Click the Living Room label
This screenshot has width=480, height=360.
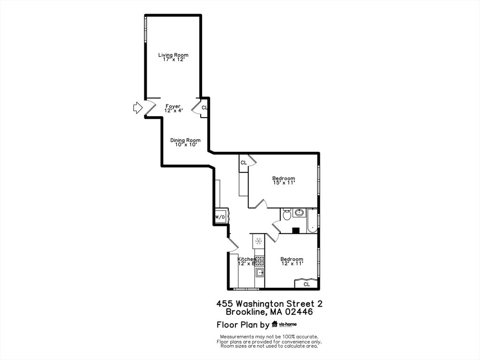pyautogui.click(x=173, y=57)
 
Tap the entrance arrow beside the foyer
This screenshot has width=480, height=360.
pyautogui.click(x=137, y=107)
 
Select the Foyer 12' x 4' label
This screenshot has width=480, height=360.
pyautogui.click(x=173, y=108)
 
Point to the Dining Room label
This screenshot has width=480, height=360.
pyautogui.click(x=186, y=142)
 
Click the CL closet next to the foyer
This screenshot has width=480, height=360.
pyautogui.click(x=204, y=108)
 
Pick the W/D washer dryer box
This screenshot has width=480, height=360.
pyautogui.click(x=220, y=217)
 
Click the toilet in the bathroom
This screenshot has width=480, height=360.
pyautogui.click(x=287, y=215)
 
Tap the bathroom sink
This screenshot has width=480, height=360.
pyautogui.click(x=299, y=212)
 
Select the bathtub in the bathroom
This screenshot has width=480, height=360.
pyautogui.click(x=312, y=220)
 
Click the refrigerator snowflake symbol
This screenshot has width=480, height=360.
pyautogui.click(x=259, y=241)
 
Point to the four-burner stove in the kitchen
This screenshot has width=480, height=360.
pyautogui.click(x=260, y=261)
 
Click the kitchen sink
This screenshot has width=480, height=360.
pyautogui.click(x=260, y=271)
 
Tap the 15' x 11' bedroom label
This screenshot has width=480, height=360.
pyautogui.click(x=284, y=180)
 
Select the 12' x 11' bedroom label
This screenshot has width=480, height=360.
pyautogui.click(x=292, y=261)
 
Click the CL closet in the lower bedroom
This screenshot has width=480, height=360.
pyautogui.click(x=307, y=284)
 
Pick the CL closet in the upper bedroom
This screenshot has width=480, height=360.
pyautogui.click(x=244, y=163)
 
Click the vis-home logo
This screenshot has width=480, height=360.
pyautogui.click(x=284, y=324)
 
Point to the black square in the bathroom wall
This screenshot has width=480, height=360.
pyautogui.click(x=296, y=231)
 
